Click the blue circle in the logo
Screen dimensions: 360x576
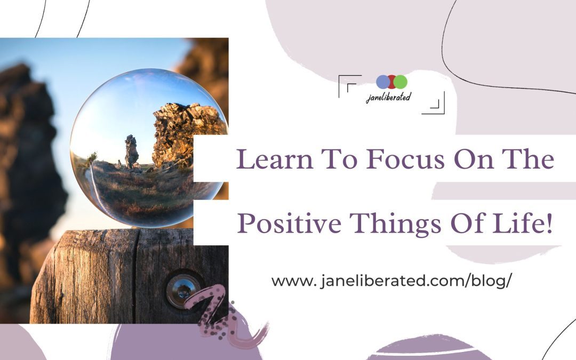[383, 82]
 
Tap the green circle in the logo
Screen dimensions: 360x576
[401, 82]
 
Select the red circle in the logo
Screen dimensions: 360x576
[391, 82]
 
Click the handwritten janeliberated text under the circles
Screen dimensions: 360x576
[388, 97]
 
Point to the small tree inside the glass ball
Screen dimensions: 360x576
[92, 157]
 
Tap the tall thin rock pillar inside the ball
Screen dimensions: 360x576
[131, 151]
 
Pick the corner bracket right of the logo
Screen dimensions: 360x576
[435, 104]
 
